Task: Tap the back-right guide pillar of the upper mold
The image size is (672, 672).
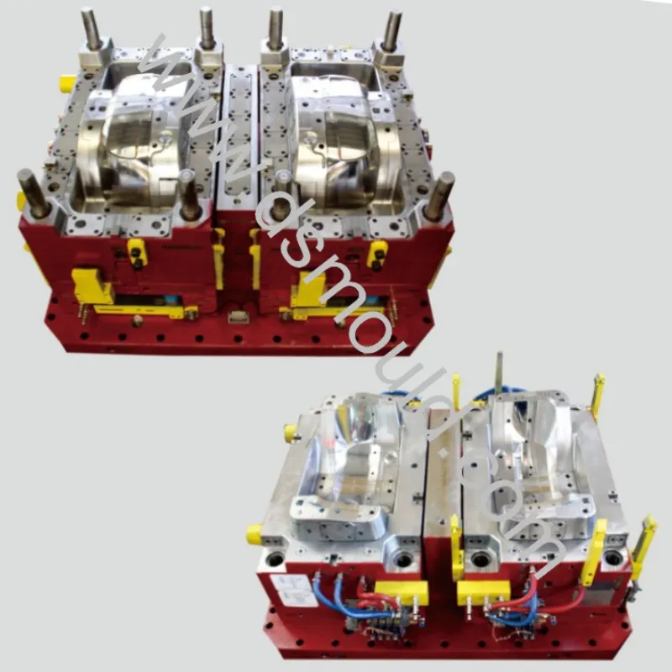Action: [391, 31]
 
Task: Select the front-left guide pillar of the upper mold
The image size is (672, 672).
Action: [34, 190]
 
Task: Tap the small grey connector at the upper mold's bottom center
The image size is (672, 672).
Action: [239, 318]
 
